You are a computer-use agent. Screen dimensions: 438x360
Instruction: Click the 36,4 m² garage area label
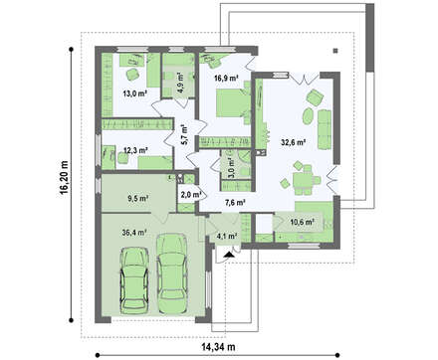[134, 233]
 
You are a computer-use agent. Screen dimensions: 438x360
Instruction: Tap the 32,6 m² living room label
[293, 142]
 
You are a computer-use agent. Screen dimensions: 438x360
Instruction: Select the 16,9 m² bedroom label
[227, 79]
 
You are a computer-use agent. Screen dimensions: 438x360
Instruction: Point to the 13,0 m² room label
[135, 93]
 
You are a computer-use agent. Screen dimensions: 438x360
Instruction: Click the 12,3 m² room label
[135, 150]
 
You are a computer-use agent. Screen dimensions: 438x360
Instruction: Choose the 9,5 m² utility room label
[137, 199]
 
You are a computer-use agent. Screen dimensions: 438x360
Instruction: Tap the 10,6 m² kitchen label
[303, 222]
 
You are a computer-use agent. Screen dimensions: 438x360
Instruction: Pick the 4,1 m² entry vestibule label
[227, 236]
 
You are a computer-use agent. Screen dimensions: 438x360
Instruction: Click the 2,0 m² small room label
[191, 195]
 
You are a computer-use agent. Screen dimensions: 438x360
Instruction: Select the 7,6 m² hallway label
[235, 202]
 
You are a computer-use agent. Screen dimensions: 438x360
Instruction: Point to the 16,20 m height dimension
[65, 178]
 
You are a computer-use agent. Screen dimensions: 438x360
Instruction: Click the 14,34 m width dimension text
[218, 347]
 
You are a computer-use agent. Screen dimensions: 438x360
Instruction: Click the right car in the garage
[172, 274]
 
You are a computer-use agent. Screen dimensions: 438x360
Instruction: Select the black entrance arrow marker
[229, 255]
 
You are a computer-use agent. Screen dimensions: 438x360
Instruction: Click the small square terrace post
[335, 51]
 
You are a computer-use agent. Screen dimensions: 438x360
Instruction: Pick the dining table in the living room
[303, 180]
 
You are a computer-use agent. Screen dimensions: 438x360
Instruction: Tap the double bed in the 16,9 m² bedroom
[233, 102]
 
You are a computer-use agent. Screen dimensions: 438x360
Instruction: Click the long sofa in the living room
[325, 129]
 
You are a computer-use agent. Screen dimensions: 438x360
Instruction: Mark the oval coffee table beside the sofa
[309, 115]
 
